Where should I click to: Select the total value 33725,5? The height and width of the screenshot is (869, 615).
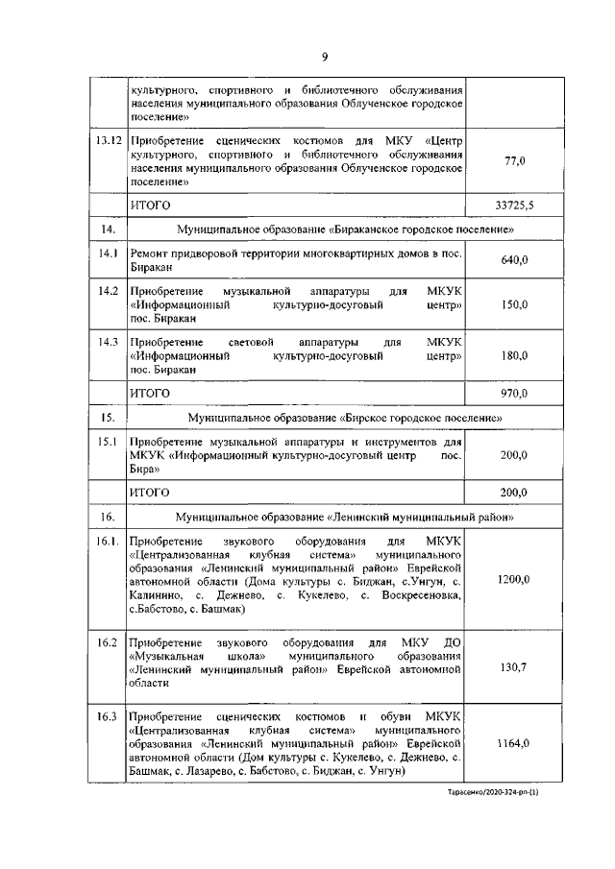(514, 205)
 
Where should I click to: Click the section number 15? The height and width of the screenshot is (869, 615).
(108, 418)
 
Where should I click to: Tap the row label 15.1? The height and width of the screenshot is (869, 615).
(108, 441)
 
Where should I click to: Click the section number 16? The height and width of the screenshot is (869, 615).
(108, 518)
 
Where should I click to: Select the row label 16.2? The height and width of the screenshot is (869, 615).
(108, 640)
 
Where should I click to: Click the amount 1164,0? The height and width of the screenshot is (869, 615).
(514, 744)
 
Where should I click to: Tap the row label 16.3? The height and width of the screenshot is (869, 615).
(108, 717)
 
